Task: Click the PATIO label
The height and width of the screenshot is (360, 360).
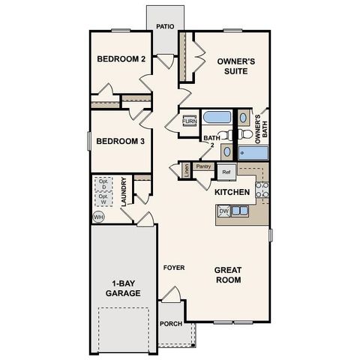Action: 166,27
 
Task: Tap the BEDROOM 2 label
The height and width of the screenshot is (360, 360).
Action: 121,60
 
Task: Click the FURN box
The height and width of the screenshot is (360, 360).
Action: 189,121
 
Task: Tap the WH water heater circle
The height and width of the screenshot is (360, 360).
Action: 97,217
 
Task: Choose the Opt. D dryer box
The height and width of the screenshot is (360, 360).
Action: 103,184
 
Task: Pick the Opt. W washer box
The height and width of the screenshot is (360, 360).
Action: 103,200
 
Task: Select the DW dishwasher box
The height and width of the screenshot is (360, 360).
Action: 223,211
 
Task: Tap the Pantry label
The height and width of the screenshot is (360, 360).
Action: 202,166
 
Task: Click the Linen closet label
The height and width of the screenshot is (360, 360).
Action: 186,170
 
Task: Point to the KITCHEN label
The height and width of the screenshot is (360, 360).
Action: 232,193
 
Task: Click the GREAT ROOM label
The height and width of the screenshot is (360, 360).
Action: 227,274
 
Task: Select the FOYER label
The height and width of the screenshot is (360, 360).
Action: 175,268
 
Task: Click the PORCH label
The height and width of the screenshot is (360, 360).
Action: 170,323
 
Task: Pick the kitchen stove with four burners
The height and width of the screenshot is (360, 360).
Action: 262,190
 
